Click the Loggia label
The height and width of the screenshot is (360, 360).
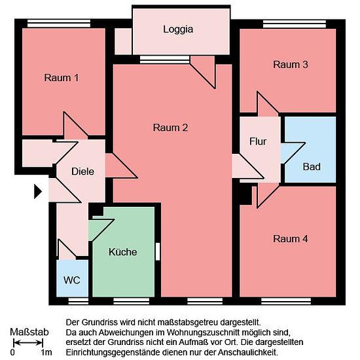point(178,29)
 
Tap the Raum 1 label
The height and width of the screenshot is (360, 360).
point(62,78)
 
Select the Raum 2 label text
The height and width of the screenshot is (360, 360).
point(170,128)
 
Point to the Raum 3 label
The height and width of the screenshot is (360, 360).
point(291,65)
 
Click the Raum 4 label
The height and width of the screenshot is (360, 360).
point(291,239)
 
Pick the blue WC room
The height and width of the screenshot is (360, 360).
point(72,278)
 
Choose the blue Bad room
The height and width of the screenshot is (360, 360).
point(310,149)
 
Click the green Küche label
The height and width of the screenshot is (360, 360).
point(123,252)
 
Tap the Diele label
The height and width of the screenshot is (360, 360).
point(82,171)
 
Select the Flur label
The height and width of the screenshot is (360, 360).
point(258,141)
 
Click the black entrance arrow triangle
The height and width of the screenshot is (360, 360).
point(38,191)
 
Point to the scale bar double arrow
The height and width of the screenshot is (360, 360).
point(28,343)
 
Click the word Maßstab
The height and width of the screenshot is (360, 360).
point(29,332)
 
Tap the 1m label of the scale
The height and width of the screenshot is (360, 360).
point(46,352)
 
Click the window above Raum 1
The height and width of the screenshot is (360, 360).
point(59,24)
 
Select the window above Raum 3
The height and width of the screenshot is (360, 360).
point(295,24)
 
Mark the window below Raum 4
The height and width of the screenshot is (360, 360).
point(286,301)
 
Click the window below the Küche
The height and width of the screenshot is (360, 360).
point(132,301)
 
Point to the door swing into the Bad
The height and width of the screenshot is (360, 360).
point(293,153)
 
